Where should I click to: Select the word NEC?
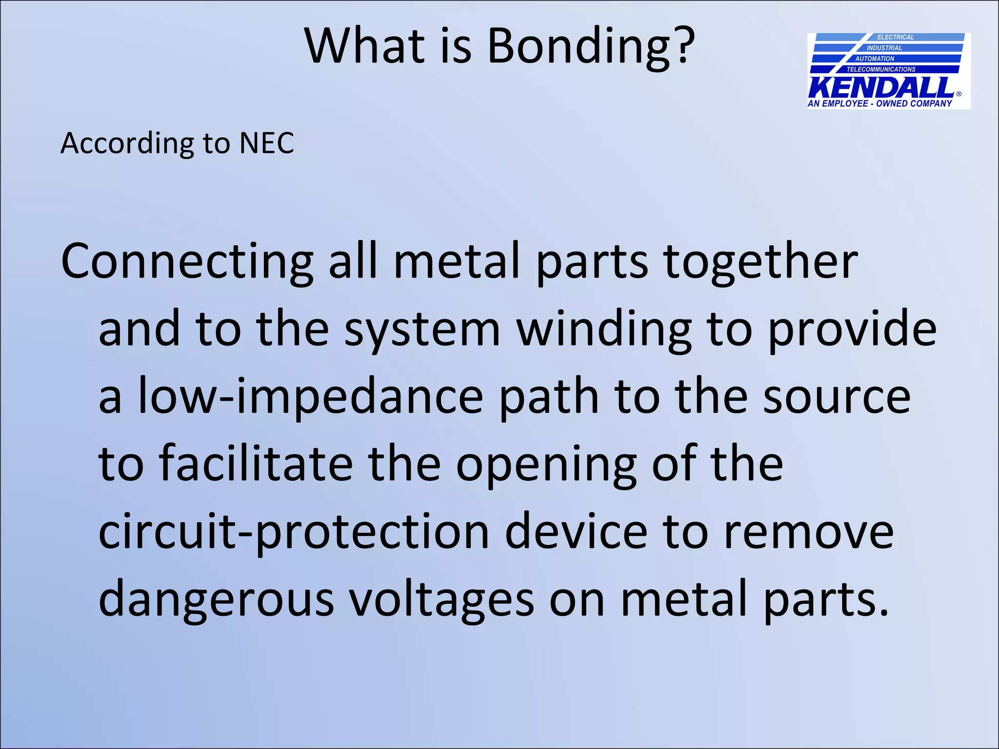tap(266, 143)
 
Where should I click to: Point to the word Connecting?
tap(187, 263)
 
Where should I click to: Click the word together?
tap(760, 263)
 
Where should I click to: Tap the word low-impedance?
tap(310, 397)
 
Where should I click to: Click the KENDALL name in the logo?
tap(881, 88)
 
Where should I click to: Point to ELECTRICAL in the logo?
tap(896, 37)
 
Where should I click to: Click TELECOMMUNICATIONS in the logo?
tap(881, 69)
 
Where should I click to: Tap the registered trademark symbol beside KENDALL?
tap(959, 94)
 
